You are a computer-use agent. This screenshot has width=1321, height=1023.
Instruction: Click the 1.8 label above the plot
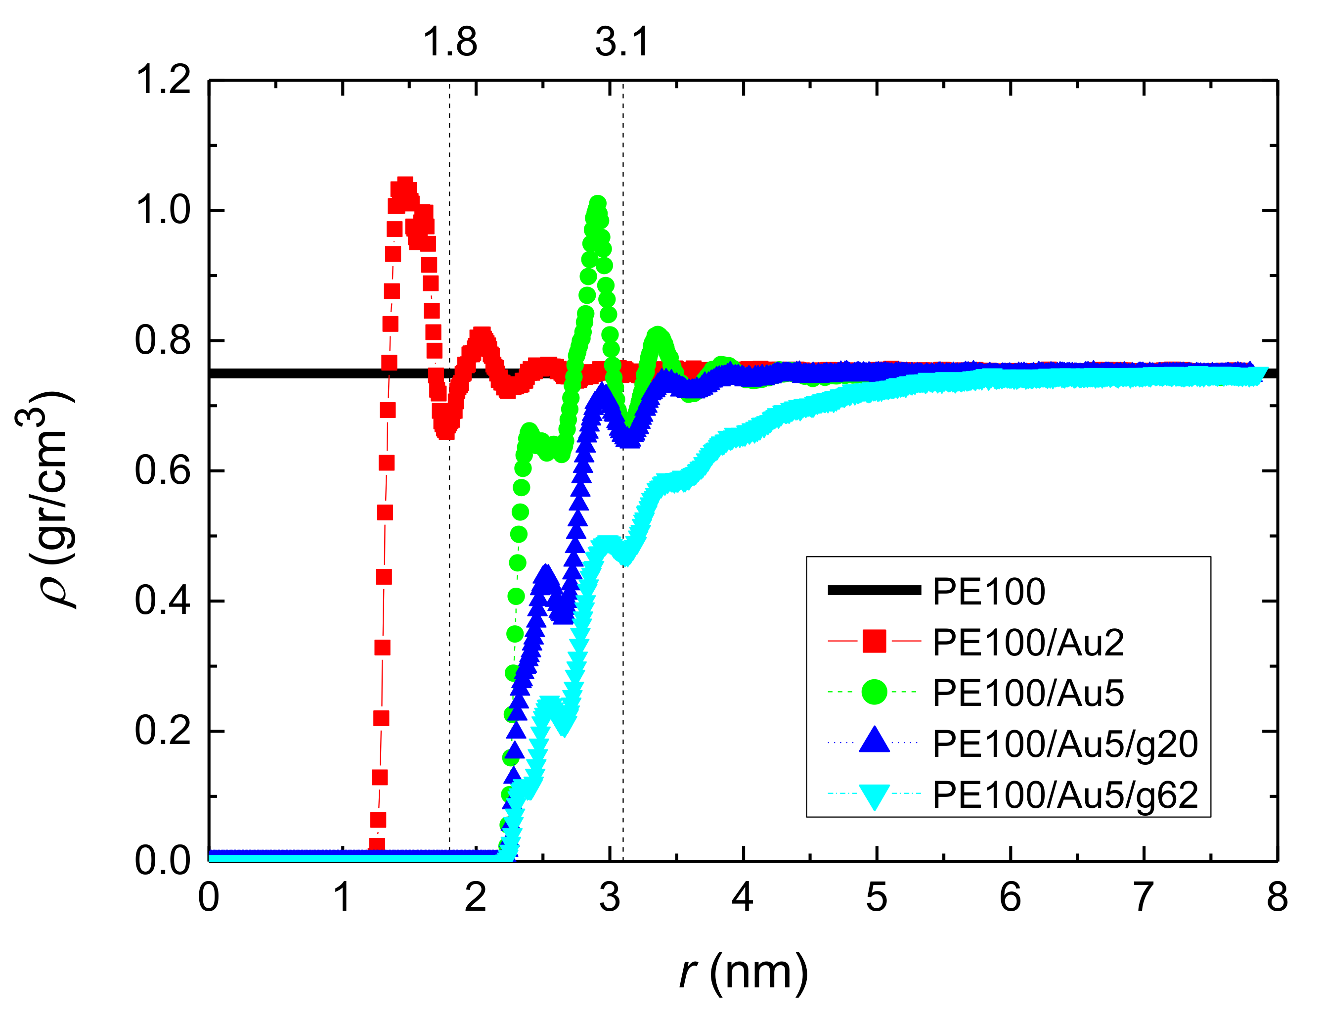450,43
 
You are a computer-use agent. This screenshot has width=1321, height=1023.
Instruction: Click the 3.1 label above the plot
622,43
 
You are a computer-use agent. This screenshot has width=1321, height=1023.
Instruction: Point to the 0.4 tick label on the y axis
163,601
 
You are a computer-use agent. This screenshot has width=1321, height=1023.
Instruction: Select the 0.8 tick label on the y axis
163,340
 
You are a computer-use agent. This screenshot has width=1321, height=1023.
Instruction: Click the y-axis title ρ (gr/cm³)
45,500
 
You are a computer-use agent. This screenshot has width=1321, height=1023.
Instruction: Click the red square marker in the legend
875,642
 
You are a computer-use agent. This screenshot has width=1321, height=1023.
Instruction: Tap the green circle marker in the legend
875,692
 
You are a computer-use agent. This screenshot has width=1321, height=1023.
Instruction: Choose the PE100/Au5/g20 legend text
1064,744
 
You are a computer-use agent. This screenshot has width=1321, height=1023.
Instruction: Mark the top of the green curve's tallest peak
598,203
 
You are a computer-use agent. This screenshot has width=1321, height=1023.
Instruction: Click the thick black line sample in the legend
875,590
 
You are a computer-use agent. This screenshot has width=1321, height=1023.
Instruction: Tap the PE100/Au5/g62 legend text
1064,795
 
